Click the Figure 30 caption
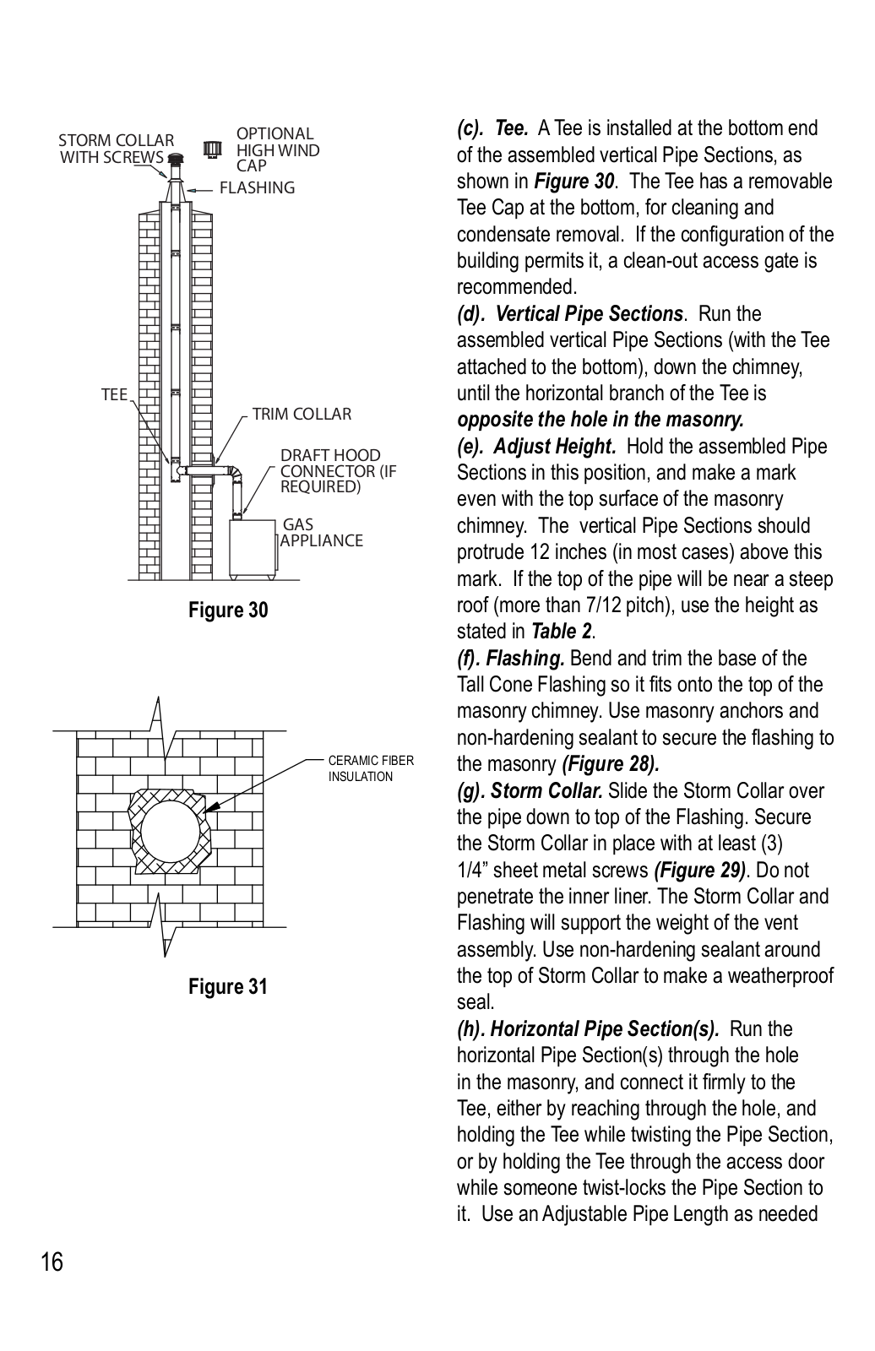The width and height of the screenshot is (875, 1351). click(228, 610)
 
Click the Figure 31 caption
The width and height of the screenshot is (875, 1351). click(228, 986)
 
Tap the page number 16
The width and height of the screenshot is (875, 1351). click(51, 1262)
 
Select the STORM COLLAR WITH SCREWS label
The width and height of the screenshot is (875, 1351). click(116, 149)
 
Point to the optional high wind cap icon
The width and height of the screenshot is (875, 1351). click(213, 149)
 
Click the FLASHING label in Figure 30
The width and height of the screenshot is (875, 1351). click(257, 188)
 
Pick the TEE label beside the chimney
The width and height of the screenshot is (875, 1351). click(114, 395)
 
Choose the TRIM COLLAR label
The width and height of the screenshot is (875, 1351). click(302, 415)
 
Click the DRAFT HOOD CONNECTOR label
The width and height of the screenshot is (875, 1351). click(337, 471)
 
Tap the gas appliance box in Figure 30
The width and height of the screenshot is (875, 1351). click(253, 546)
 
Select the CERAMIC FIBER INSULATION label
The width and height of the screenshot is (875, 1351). click(371, 768)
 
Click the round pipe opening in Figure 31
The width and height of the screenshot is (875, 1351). click(170, 833)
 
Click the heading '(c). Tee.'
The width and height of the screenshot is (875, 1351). click(493, 128)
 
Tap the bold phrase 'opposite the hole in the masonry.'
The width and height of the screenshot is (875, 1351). click(600, 420)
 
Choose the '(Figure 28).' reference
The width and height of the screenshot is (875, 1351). click(610, 764)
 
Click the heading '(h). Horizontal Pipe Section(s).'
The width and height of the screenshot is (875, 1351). click(588, 1029)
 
